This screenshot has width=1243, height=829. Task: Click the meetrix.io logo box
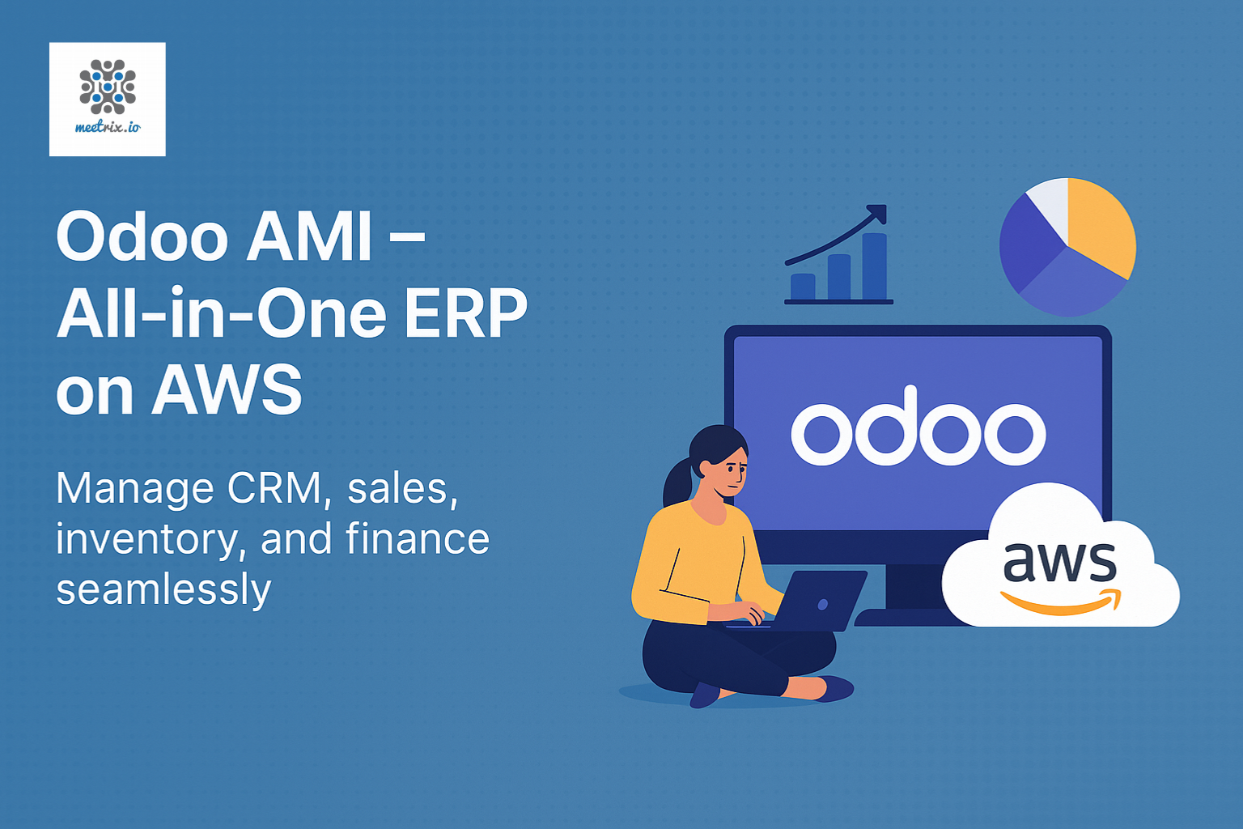(108, 99)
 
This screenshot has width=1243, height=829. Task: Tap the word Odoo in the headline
(142, 236)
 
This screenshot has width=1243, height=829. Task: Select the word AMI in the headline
(309, 236)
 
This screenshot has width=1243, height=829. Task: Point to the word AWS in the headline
(227, 390)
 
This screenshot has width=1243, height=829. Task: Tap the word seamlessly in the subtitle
(163, 589)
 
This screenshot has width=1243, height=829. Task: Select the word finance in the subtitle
(418, 538)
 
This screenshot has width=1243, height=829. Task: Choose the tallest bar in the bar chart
(874, 266)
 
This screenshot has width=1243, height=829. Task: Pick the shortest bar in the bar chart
(803, 287)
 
